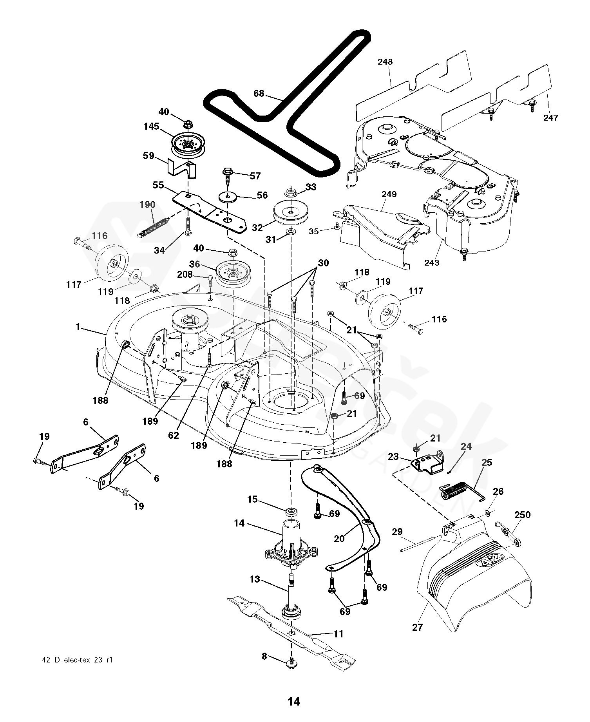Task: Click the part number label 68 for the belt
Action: [259, 94]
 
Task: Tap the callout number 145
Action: [151, 127]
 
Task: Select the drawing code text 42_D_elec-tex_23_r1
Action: [77, 660]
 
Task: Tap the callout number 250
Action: [522, 514]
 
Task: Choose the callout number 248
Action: [385, 62]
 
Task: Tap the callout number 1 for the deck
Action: [78, 327]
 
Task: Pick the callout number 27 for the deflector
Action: [418, 627]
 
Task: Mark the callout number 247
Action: [550, 117]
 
